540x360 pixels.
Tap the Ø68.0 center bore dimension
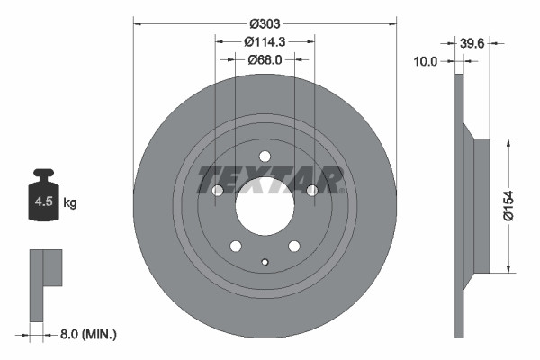coord(265,60)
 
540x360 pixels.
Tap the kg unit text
coord(70,203)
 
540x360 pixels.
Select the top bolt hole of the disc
coord(265,156)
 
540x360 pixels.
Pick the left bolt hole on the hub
coord(218,190)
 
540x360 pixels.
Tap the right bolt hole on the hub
coord(312,190)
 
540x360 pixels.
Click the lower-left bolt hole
coord(236,246)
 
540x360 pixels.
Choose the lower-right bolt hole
coord(293,246)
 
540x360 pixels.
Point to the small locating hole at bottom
coord(265,262)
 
